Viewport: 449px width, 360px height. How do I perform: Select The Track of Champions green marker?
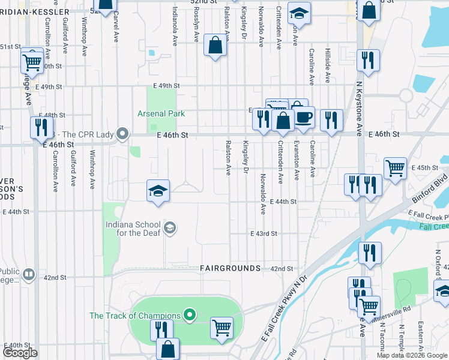pos(190,314)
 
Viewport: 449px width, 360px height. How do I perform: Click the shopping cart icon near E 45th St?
pos(395,168)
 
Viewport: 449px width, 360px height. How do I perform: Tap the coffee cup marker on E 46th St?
pos(303,116)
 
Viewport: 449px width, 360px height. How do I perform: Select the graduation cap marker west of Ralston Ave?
pos(158,191)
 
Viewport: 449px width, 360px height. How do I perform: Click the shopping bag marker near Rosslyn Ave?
pos(215,45)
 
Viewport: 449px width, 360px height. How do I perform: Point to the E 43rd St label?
pos(264,233)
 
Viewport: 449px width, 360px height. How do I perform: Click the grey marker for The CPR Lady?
pos(124,133)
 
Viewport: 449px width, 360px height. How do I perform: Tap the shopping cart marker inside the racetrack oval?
pos(222,328)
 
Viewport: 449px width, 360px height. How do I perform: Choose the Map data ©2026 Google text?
pos(411,355)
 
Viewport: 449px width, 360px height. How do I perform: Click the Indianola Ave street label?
pos(175,26)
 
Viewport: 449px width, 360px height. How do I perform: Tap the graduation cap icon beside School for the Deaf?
pos(170,227)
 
